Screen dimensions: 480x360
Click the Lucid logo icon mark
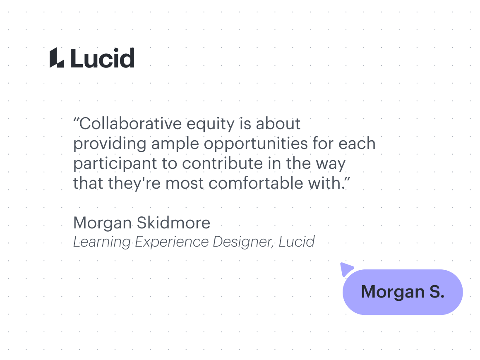(57, 58)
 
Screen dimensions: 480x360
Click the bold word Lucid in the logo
(103, 58)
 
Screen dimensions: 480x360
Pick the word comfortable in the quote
(256, 183)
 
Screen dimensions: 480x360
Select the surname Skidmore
(173, 223)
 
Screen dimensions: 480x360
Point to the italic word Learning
(102, 242)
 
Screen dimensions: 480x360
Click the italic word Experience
(172, 242)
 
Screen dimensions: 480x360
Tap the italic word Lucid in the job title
(296, 242)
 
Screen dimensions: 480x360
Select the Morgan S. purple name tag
(403, 292)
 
